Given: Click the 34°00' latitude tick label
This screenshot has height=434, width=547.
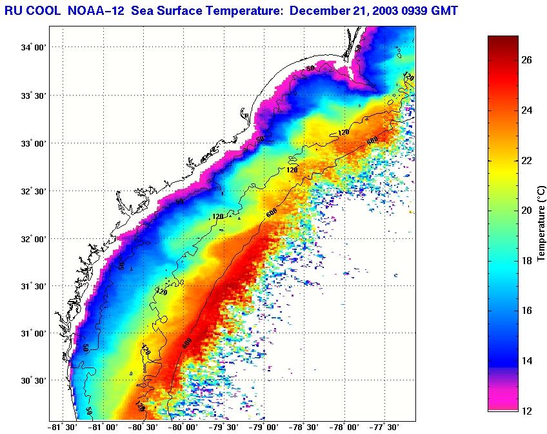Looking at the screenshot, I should click(x=34, y=48).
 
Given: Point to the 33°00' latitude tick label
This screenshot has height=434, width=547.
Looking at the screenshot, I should click(x=34, y=143).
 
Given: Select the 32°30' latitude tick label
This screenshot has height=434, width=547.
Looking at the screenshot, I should click(x=34, y=191).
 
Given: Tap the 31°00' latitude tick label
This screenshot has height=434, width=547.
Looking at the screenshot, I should click(x=34, y=334).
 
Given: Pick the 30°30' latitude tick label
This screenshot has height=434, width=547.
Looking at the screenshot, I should click(x=34, y=381).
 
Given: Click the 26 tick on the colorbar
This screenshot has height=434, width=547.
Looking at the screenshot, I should click(x=526, y=60).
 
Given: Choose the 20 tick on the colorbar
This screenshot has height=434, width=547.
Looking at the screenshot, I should click(x=526, y=211).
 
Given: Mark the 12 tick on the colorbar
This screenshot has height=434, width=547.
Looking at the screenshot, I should click(x=526, y=411).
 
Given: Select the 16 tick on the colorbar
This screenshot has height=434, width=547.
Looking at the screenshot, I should click(x=526, y=311).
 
